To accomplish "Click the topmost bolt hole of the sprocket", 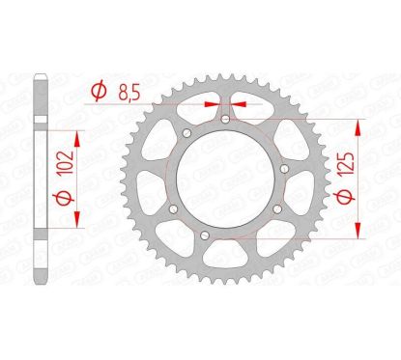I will point(223,119).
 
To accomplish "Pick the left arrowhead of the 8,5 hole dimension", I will point(213,97).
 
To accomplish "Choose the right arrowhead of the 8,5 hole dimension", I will point(236,97).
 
